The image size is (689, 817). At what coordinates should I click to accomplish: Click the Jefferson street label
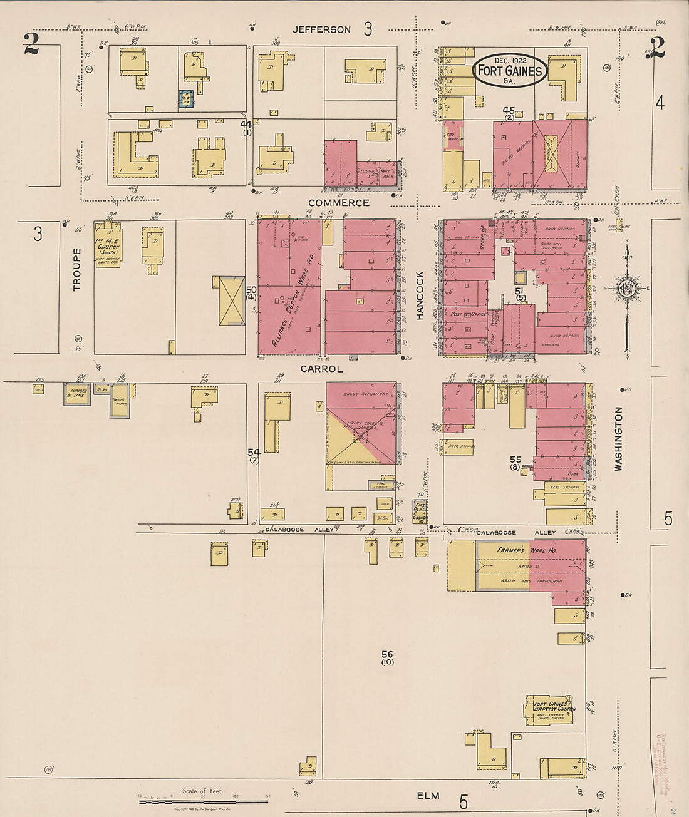click(x=322, y=29)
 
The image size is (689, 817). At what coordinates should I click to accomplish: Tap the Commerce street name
click(x=338, y=203)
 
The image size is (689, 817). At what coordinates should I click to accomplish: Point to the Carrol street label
click(x=321, y=369)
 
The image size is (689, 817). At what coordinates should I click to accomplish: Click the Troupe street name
click(x=77, y=269)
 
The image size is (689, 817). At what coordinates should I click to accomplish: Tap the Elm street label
click(x=428, y=795)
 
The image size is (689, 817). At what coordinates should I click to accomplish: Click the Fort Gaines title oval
click(x=509, y=70)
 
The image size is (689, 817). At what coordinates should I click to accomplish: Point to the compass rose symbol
click(x=626, y=289)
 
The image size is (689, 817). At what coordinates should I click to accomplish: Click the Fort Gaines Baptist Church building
click(x=549, y=709)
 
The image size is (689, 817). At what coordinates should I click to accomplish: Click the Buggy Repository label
click(x=366, y=394)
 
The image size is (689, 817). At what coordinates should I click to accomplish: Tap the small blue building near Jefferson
click(x=185, y=99)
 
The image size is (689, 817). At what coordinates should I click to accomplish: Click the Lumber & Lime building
click(x=77, y=393)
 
